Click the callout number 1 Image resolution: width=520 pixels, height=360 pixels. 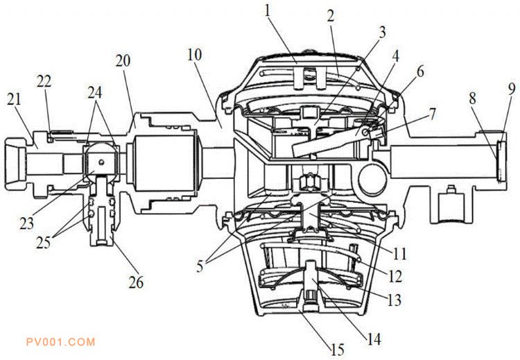268,11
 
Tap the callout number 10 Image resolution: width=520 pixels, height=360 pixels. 194,55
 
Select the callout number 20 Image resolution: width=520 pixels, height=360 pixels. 123,61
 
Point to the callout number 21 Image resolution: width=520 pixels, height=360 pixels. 14,99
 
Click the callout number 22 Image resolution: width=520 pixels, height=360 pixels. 44,81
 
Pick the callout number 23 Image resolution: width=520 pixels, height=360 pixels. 27,223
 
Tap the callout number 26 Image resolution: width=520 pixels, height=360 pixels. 136,282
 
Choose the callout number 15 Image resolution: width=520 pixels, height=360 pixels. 337,350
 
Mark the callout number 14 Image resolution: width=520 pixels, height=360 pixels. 374,339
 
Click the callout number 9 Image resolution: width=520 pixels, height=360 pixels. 512,89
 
